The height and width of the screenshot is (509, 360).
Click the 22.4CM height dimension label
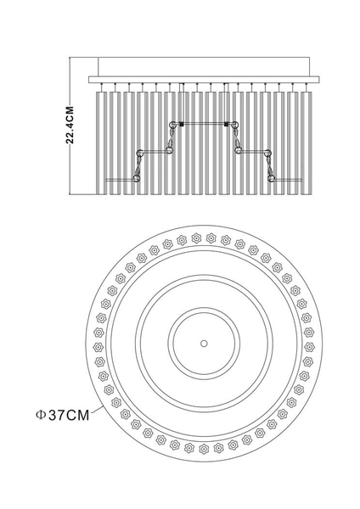(x=70, y=125)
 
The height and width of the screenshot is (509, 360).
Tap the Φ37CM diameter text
(x=62, y=415)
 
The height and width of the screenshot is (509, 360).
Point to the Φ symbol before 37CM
(x=40, y=415)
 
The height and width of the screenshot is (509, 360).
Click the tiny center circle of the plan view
(x=204, y=343)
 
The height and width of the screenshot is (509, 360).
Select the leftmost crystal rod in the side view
(x=101, y=143)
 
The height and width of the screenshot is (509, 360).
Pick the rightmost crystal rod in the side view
(x=306, y=143)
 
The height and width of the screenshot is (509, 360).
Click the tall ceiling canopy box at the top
(x=204, y=67)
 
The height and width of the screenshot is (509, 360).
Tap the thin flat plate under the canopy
(x=204, y=80)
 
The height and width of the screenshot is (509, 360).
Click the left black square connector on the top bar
(x=182, y=124)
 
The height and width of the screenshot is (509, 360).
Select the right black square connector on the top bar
(x=227, y=124)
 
